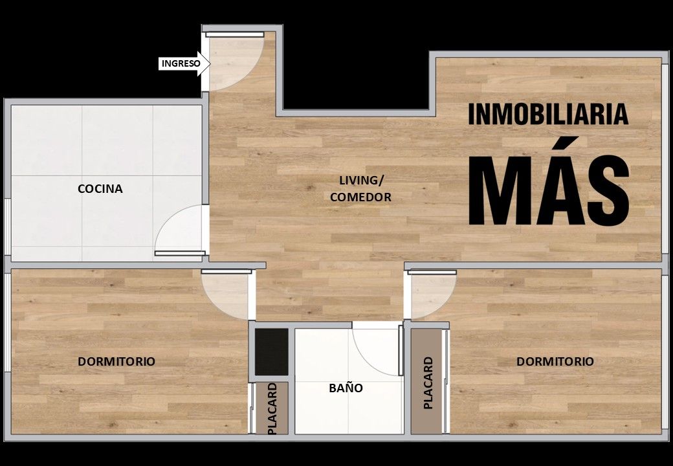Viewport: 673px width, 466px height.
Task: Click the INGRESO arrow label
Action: tap(184, 63)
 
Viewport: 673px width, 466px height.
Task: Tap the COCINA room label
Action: tap(100, 189)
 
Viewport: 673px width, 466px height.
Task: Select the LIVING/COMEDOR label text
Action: tap(360, 189)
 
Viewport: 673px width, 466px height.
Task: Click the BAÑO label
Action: tap(346, 388)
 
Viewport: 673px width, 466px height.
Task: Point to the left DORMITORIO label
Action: tap(116, 361)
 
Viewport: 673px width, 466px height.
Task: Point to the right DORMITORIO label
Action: tap(555, 361)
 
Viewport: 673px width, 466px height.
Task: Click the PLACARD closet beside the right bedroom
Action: tap(426, 382)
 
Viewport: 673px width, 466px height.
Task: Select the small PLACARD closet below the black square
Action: tap(272, 408)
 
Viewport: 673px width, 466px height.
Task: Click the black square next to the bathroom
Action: tap(272, 352)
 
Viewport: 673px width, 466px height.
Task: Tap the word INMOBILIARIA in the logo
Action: tap(548, 114)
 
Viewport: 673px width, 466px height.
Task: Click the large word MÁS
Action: tap(549, 189)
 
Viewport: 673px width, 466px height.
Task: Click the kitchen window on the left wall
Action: tap(7, 227)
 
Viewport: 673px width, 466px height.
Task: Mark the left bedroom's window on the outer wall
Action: tap(7, 322)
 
